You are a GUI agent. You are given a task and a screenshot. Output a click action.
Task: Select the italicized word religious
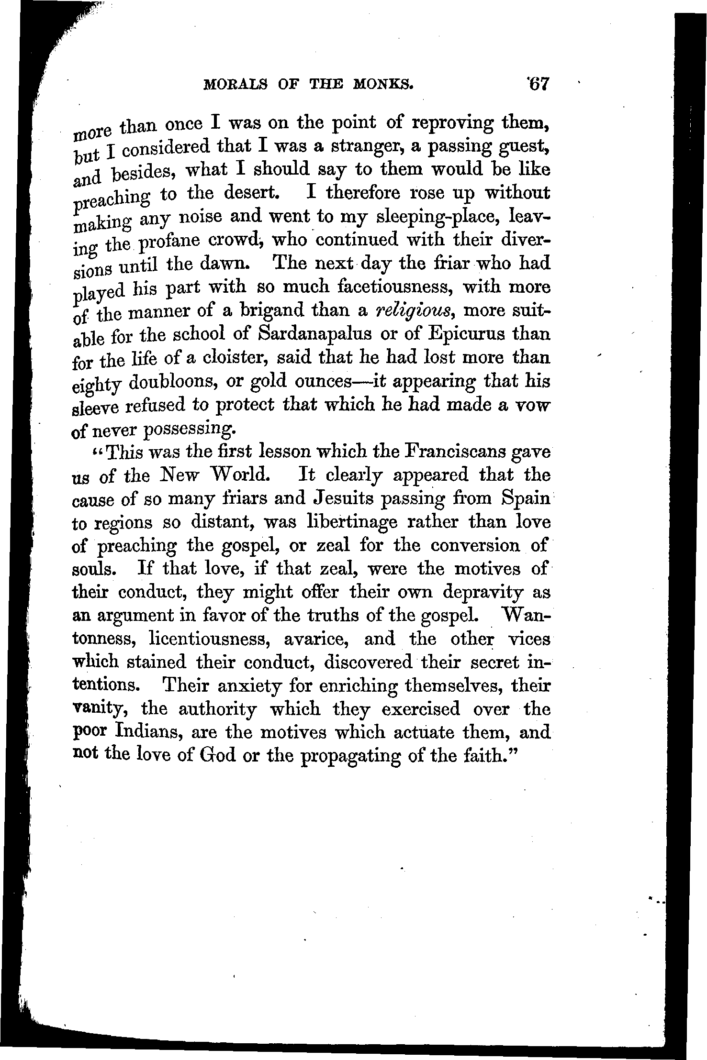(x=415, y=311)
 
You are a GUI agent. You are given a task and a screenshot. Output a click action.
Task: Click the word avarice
(x=317, y=640)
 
